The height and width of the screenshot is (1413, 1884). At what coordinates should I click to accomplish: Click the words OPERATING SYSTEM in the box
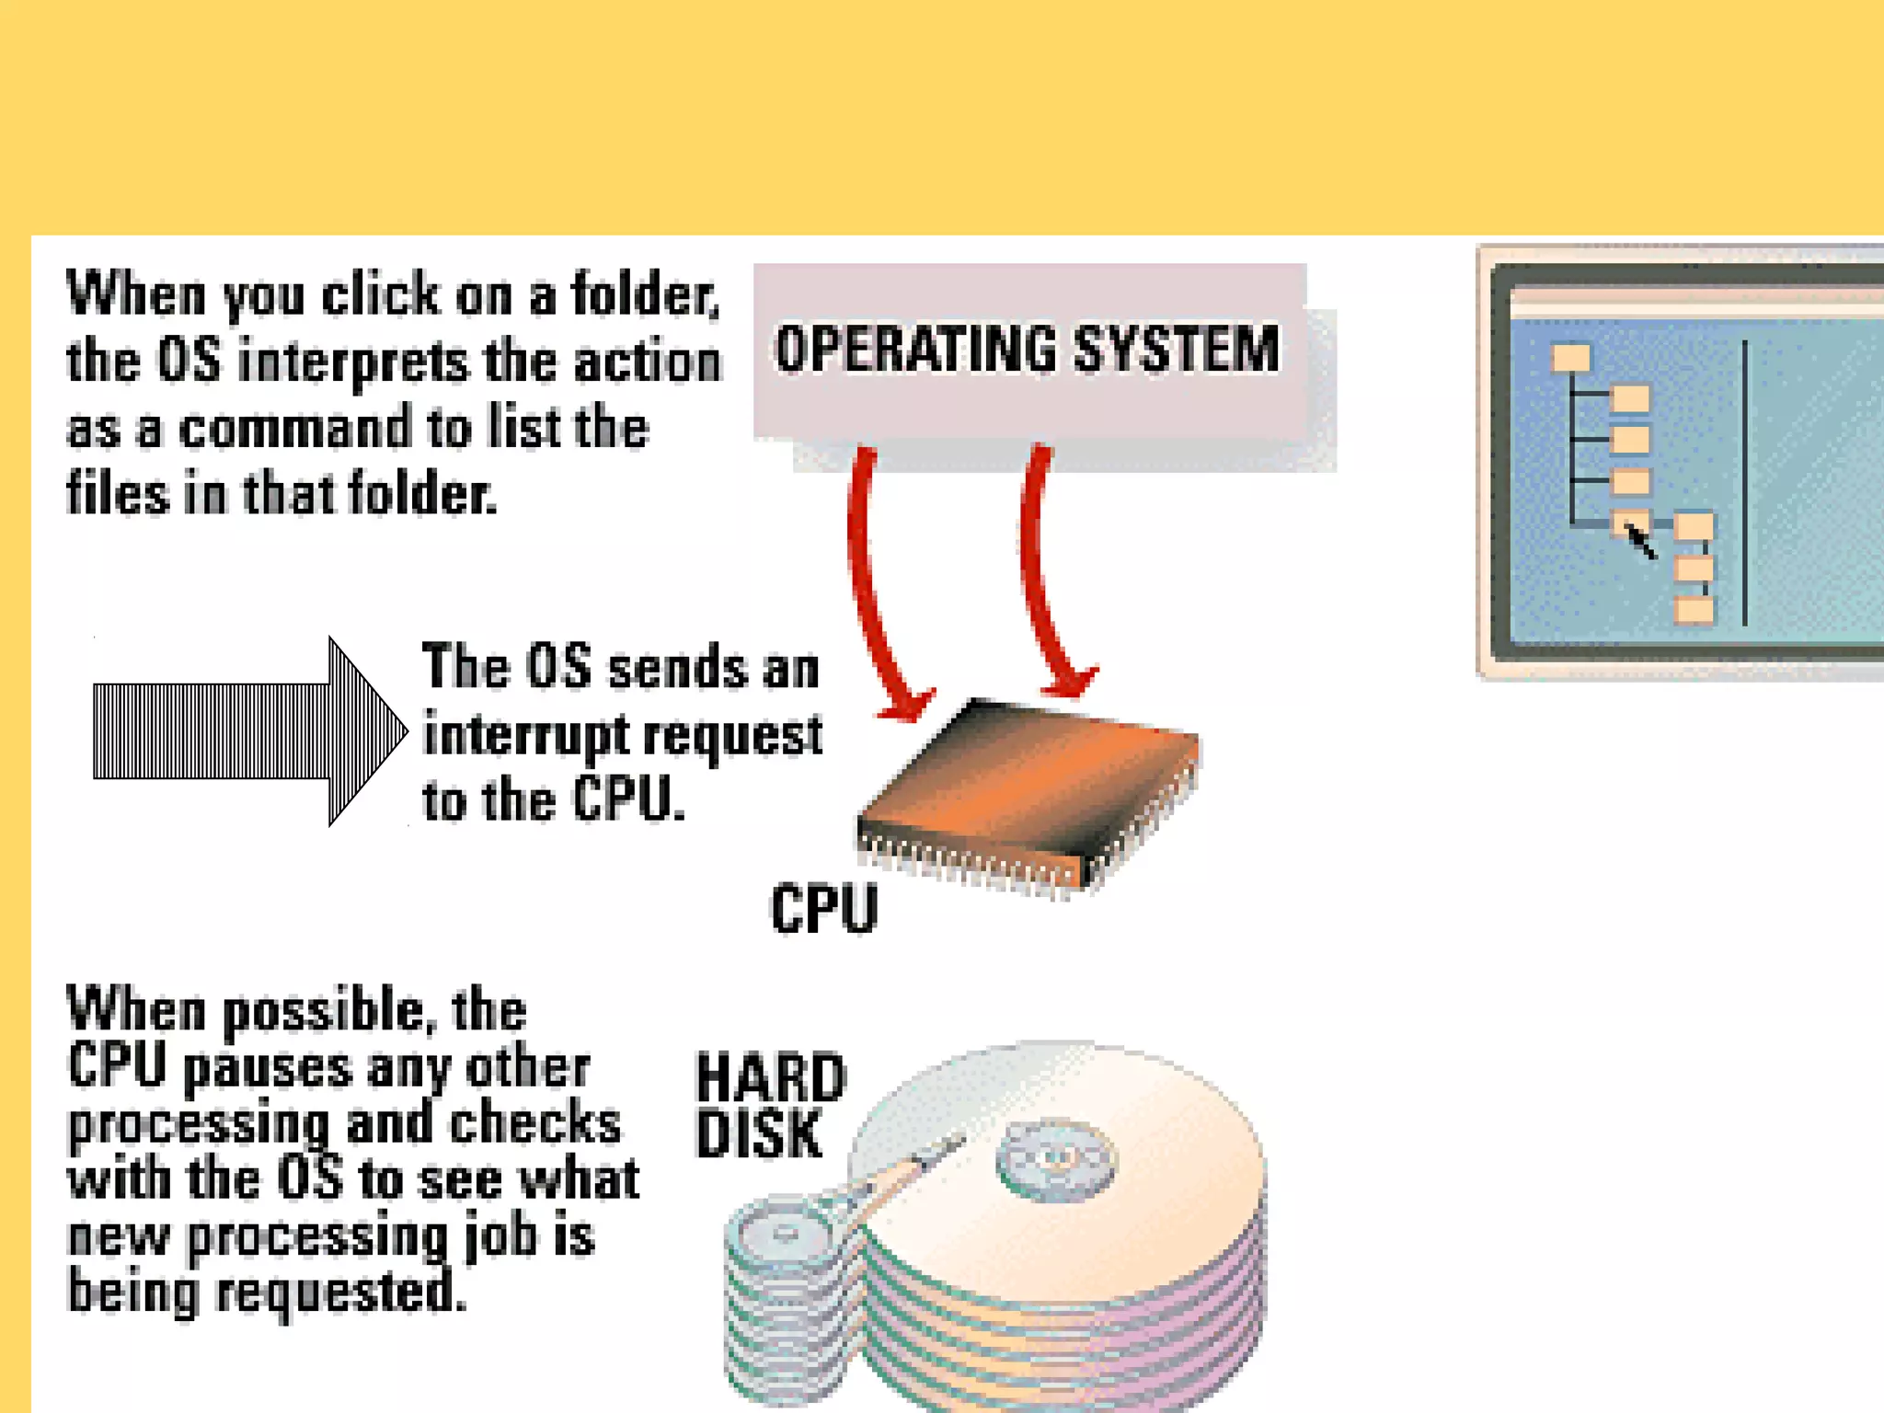coord(1027,349)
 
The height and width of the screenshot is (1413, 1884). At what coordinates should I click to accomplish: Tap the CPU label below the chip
coord(824,909)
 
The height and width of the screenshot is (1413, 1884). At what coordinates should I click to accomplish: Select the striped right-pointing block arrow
coord(248,731)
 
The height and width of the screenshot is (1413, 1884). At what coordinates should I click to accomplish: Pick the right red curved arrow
coord(1049,580)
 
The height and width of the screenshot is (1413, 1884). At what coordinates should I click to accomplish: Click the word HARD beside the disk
coord(771,1078)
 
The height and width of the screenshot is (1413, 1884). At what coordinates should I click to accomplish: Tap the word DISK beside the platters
coord(759,1134)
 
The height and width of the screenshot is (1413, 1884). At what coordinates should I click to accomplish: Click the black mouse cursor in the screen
coord(1640,542)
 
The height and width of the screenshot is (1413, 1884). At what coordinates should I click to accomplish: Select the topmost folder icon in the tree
coord(1570,357)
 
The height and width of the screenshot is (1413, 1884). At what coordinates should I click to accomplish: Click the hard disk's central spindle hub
coord(1055,1159)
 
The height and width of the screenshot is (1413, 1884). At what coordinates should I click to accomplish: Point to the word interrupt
coord(524,735)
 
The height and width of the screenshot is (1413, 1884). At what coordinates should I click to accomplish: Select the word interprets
coord(353,362)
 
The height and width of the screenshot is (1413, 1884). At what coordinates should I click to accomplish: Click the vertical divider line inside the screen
coord(1744,483)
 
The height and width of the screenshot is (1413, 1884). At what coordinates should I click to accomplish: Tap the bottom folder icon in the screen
coord(1694,610)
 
